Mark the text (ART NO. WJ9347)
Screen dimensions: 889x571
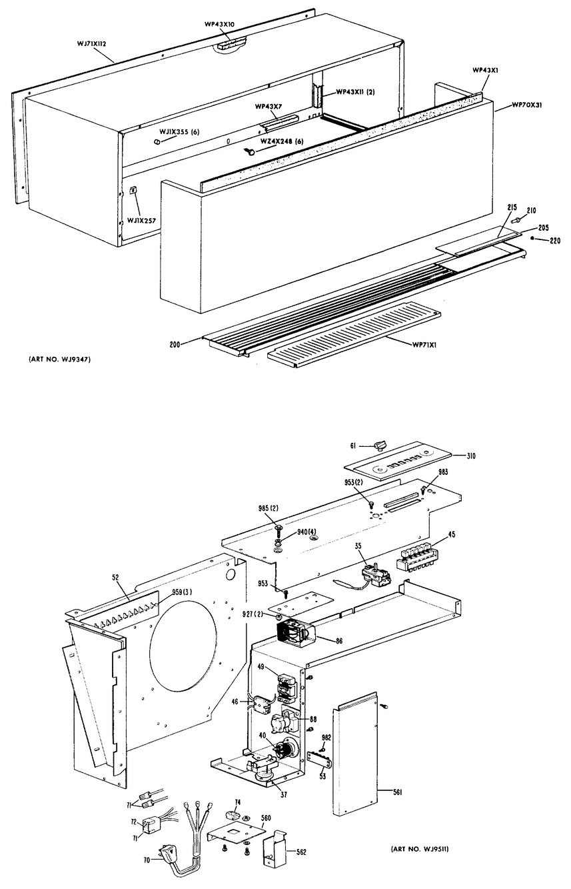pos(59,359)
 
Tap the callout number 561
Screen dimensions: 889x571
pos(397,792)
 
